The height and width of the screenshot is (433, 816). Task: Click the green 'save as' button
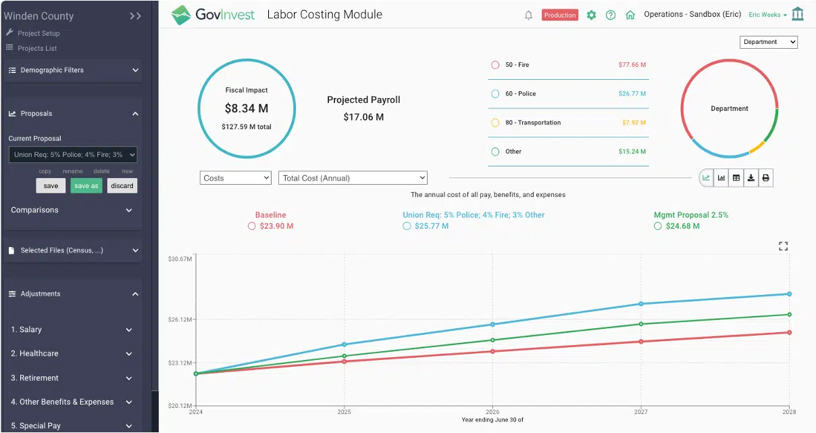86,186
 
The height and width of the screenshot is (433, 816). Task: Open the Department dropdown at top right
769,42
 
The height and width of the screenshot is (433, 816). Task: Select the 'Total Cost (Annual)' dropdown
353,178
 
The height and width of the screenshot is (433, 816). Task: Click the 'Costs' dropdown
236,178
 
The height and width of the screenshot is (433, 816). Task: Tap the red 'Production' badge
559,15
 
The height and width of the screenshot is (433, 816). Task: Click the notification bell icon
528,15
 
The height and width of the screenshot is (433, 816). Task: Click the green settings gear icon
591,15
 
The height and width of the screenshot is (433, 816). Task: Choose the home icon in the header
630,15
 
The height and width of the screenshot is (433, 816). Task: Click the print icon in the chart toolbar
765,178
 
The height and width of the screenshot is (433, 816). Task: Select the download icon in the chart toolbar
750,178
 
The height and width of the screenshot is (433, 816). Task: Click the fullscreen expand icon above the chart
783,246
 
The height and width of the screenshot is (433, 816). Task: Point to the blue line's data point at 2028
789,294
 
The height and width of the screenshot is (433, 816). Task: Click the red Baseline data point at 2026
492,351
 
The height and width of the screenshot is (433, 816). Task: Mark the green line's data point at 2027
640,324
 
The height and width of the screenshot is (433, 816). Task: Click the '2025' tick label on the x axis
344,411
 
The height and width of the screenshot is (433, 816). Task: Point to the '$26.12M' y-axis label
180,319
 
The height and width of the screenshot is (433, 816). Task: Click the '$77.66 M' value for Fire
632,65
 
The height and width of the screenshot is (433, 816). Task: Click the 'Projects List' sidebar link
37,49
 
